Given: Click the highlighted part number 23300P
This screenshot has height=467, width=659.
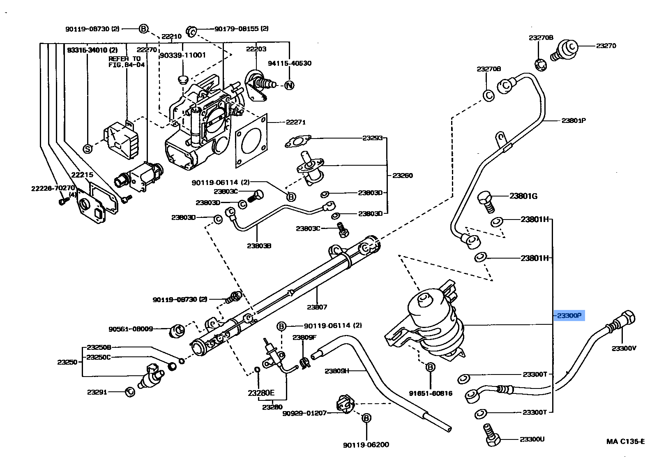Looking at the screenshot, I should click(569, 316).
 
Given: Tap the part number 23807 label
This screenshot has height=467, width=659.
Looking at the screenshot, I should click(316, 307).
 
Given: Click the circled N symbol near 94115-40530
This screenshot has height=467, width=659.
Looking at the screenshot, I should click(290, 86).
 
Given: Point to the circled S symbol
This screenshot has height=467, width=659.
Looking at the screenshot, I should click(88, 149).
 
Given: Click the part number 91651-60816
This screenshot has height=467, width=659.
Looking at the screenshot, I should click(430, 393).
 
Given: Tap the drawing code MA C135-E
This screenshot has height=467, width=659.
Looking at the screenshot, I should click(625, 442).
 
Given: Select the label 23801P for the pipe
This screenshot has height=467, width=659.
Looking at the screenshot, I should click(574, 120).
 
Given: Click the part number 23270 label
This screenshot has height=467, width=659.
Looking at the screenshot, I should click(606, 46).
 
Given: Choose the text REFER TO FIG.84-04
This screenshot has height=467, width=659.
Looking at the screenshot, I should click(126, 62).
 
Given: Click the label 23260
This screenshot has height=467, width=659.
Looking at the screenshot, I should click(402, 175).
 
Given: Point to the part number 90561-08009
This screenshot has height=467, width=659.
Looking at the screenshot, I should click(131, 329).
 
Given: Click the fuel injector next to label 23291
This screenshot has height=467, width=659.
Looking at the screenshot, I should click(150, 376).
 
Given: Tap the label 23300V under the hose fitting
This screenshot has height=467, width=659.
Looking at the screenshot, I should click(624, 348).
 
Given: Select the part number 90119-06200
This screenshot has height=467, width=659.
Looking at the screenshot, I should click(366, 444).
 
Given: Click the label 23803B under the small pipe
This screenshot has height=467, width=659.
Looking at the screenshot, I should click(259, 246).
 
